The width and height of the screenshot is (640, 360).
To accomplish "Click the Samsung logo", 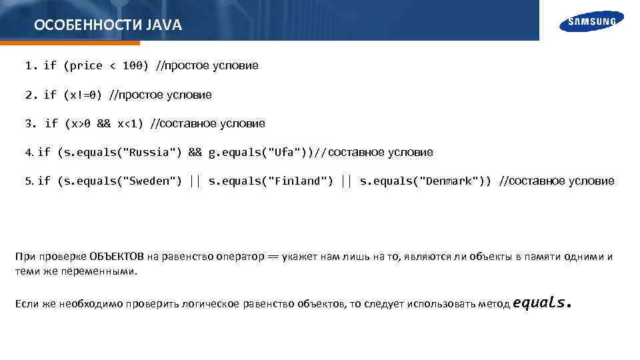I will point(592,21).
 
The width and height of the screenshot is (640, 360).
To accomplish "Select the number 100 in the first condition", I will point(132,65).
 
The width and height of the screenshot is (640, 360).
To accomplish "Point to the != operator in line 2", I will point(86,95).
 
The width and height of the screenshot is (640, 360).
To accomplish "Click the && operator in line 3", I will point(103,123).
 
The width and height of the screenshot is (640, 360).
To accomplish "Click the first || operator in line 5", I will point(195,181).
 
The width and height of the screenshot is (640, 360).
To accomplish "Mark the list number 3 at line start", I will point(28,123).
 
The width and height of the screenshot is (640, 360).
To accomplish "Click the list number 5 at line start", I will point(29,181).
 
